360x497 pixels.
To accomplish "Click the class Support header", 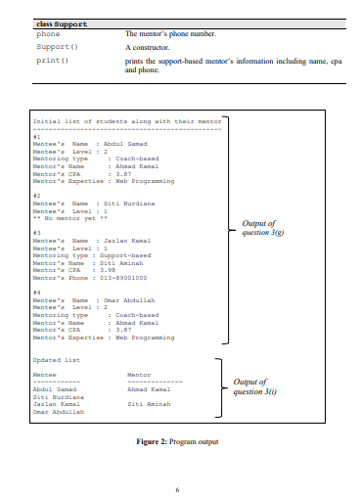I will (61, 23).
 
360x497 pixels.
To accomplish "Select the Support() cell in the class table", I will (57, 46).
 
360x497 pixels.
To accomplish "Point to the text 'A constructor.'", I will (148, 46).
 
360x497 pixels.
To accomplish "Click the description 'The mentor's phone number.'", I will (169, 34).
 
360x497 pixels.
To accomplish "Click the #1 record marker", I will (37, 138).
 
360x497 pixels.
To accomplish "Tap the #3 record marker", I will (37, 232).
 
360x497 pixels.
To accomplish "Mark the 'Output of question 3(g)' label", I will (257, 227).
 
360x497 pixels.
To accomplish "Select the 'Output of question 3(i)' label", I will (257, 387).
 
